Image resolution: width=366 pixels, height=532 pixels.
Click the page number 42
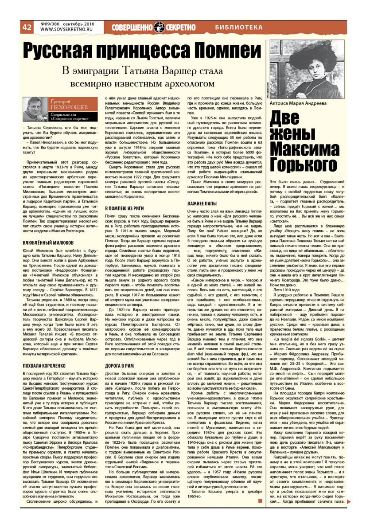click(27, 27)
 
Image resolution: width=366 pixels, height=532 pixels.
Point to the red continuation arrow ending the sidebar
click(349, 501)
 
